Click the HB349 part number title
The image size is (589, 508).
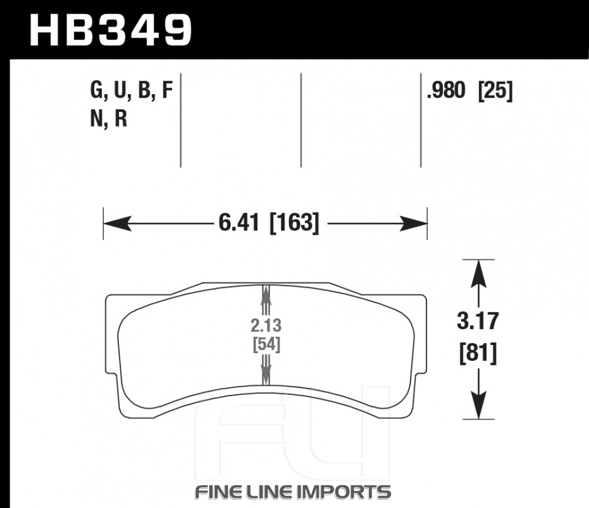click(x=111, y=30)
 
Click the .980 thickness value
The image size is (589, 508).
click(x=446, y=91)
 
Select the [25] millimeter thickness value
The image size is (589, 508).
click(x=495, y=91)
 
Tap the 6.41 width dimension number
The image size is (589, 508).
click(x=239, y=223)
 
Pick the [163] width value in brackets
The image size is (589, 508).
click(x=294, y=223)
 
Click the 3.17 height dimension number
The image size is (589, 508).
click(x=478, y=321)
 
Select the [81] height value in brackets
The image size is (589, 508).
click(x=478, y=354)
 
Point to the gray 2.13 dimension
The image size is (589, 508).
click(x=266, y=326)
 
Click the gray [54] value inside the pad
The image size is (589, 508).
click(x=266, y=344)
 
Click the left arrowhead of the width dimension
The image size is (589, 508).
click(x=117, y=224)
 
